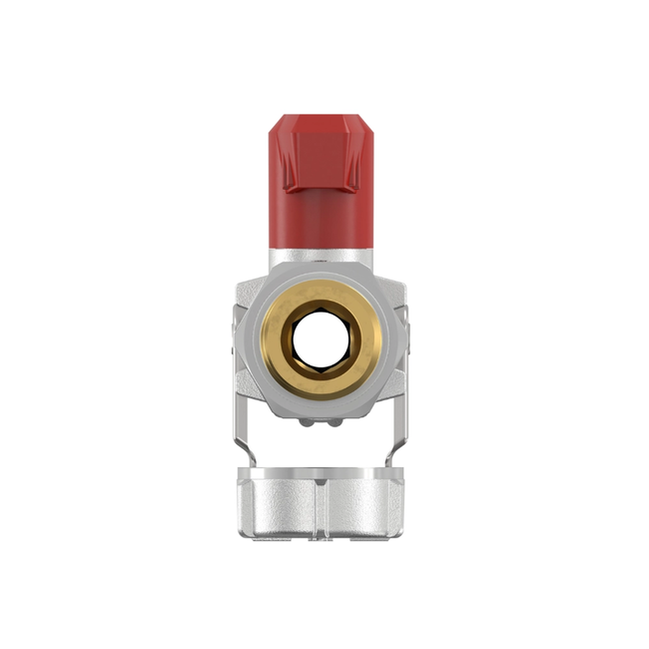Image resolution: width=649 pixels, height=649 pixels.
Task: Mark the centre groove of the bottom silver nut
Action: (x=321, y=509)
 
